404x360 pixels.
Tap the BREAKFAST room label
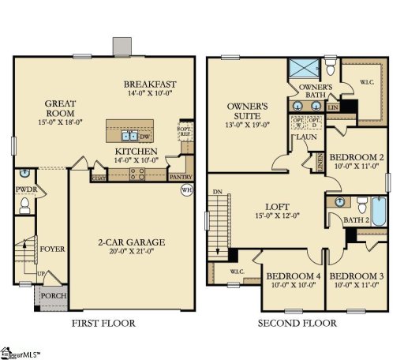click(149, 84)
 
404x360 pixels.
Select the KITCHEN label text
click(136, 151)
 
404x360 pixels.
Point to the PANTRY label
click(181, 177)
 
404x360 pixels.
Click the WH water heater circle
click(186, 190)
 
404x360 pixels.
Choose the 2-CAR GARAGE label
click(132, 241)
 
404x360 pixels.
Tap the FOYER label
click(52, 249)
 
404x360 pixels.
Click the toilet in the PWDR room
click(24, 208)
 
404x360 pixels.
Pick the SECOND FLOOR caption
click(299, 323)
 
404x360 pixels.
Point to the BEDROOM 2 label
click(356, 156)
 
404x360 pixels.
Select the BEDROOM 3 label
click(355, 276)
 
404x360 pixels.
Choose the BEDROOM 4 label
click(293, 276)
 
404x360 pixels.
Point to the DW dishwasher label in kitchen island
click(144, 135)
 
